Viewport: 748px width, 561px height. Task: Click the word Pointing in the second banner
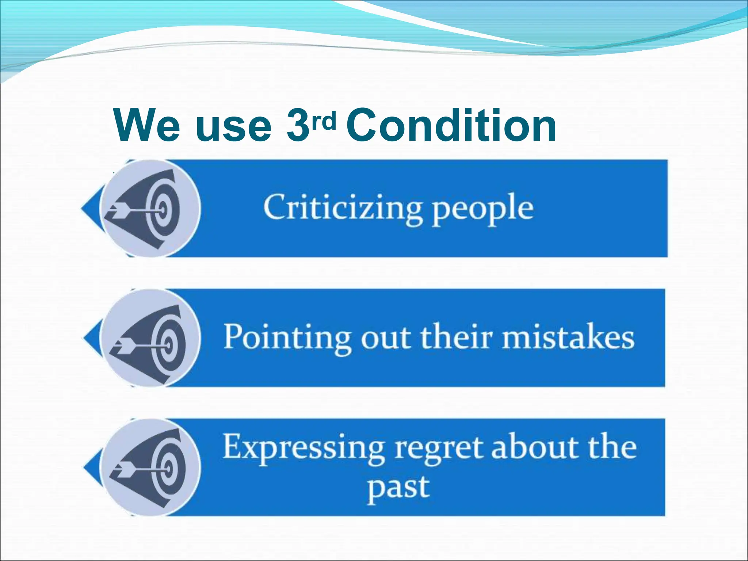point(286,338)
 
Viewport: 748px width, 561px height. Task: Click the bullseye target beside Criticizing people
point(163,209)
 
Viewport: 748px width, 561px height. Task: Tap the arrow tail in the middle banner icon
point(122,343)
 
